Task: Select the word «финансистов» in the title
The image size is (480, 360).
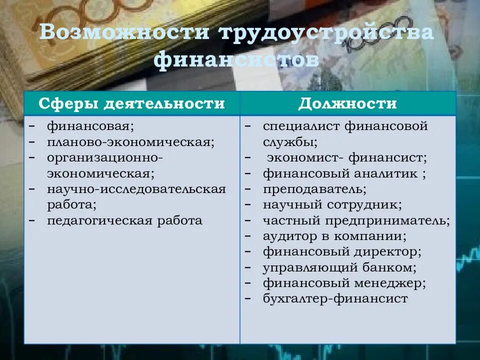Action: tap(236, 60)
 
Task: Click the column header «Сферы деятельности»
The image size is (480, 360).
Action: tap(132, 103)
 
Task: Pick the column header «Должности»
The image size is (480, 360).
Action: tap(347, 103)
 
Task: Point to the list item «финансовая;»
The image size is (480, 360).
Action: tap(90, 126)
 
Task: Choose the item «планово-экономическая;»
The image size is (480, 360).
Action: tap(131, 142)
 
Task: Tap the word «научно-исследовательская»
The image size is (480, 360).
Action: tap(136, 189)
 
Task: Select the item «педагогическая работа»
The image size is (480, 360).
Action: tap(125, 220)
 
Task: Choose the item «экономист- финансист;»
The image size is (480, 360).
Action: tap(347, 158)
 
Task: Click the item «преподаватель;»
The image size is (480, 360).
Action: tap(314, 189)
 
